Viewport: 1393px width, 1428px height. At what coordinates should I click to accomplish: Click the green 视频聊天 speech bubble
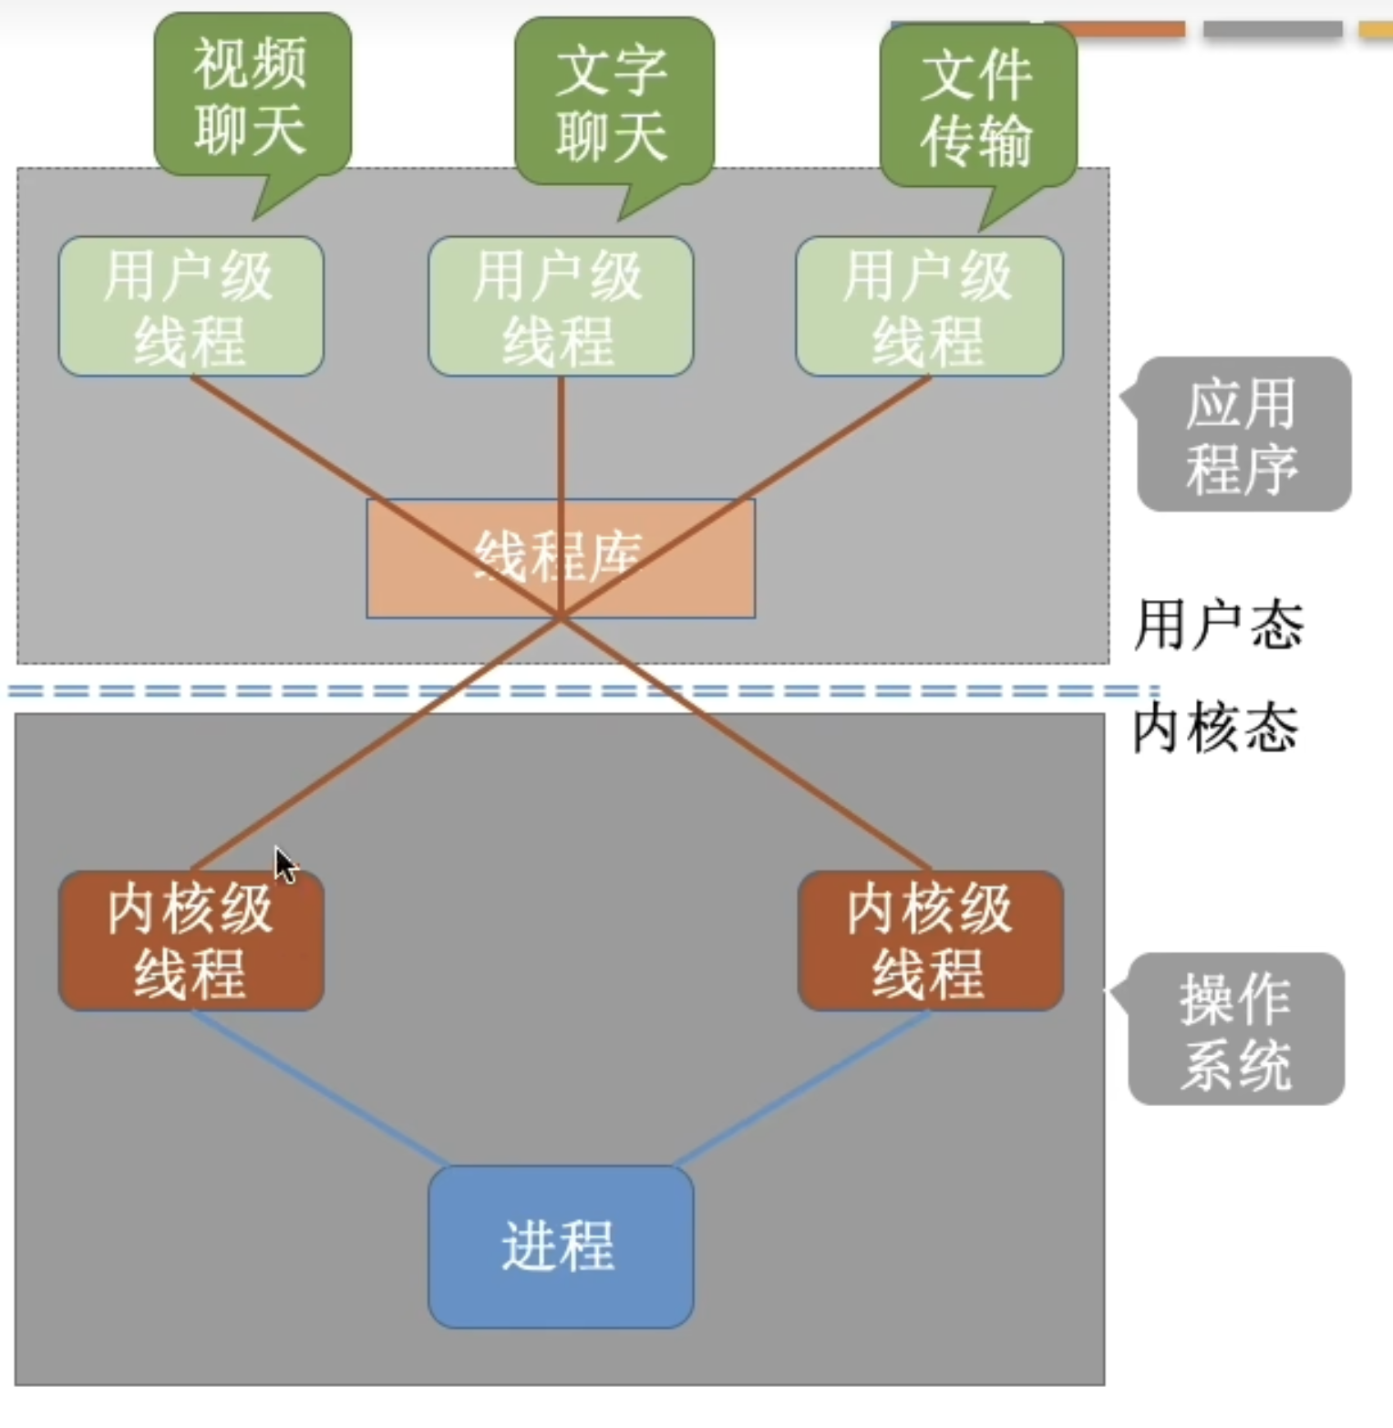[x=252, y=96]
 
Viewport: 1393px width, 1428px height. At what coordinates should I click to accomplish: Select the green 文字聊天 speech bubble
[x=614, y=103]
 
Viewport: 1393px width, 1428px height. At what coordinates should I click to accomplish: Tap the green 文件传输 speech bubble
[x=977, y=109]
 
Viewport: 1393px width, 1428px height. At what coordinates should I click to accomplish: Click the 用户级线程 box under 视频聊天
[x=191, y=306]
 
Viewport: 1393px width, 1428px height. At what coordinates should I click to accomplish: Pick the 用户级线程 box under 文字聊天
[x=560, y=306]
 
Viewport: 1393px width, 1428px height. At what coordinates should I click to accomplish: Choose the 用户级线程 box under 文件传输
[x=929, y=306]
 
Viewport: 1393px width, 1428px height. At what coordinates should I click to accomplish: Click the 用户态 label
[x=1218, y=626]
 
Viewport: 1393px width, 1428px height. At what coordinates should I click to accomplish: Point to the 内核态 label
[x=1215, y=729]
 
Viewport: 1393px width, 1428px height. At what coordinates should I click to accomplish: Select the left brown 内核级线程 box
[x=191, y=940]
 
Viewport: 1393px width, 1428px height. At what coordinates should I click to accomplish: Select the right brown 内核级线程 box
[x=930, y=940]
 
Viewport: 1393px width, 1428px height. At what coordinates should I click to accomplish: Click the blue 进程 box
[x=560, y=1247]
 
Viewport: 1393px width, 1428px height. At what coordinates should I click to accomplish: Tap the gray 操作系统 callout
[x=1236, y=1030]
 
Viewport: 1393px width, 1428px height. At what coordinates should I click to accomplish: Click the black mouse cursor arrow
[x=284, y=864]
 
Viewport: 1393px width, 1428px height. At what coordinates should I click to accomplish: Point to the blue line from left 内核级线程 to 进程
[x=319, y=1088]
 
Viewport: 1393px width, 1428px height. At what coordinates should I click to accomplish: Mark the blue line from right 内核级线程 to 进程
[x=802, y=1088]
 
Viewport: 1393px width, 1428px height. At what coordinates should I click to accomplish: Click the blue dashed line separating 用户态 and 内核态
[x=273, y=691]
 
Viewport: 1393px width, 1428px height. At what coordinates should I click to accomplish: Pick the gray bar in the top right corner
[x=1273, y=29]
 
